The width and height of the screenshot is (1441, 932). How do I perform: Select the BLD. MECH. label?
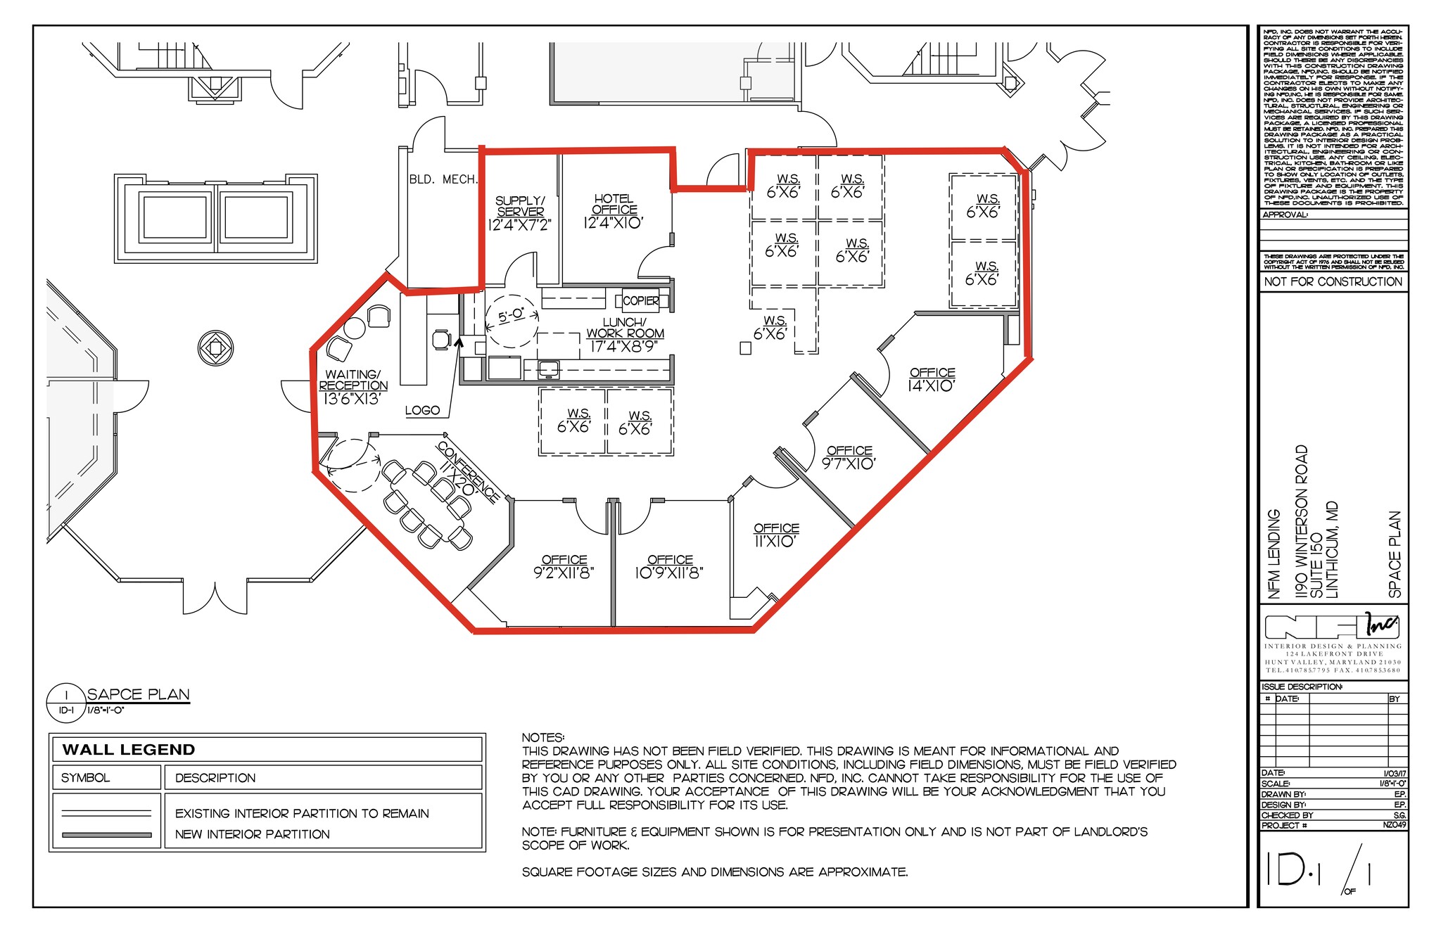[443, 179]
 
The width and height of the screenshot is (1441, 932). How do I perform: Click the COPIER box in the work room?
[640, 301]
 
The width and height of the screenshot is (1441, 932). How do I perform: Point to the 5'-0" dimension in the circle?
[512, 315]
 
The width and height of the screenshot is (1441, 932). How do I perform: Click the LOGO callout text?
[422, 410]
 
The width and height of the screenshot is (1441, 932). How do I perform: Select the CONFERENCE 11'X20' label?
[469, 472]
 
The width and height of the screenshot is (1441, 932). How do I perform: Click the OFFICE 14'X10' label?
[932, 379]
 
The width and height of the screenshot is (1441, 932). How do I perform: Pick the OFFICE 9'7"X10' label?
[849, 457]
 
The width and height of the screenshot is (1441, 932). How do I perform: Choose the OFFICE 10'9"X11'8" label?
[669, 566]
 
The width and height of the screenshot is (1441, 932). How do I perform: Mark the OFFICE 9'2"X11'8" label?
[564, 566]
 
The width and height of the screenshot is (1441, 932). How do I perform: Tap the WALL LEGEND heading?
[129, 750]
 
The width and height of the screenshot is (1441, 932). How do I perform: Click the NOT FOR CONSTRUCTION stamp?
[1333, 281]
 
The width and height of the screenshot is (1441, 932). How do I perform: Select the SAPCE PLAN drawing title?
[139, 694]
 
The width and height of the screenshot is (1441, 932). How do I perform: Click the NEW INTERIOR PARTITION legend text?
[252, 834]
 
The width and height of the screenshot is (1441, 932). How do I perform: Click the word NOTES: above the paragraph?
[542, 737]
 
